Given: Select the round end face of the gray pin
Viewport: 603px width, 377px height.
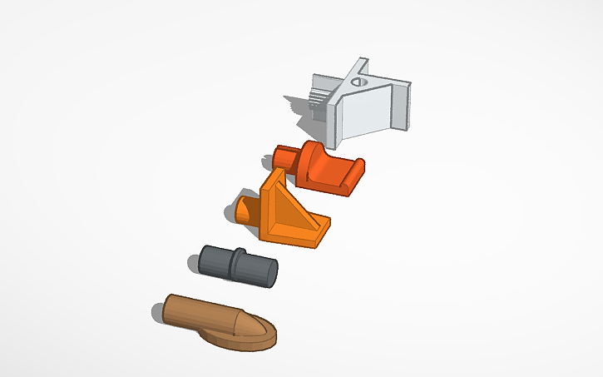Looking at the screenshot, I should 269,272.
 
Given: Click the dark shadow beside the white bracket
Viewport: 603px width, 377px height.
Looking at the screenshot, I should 298,107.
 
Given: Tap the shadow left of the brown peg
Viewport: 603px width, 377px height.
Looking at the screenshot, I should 157,313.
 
